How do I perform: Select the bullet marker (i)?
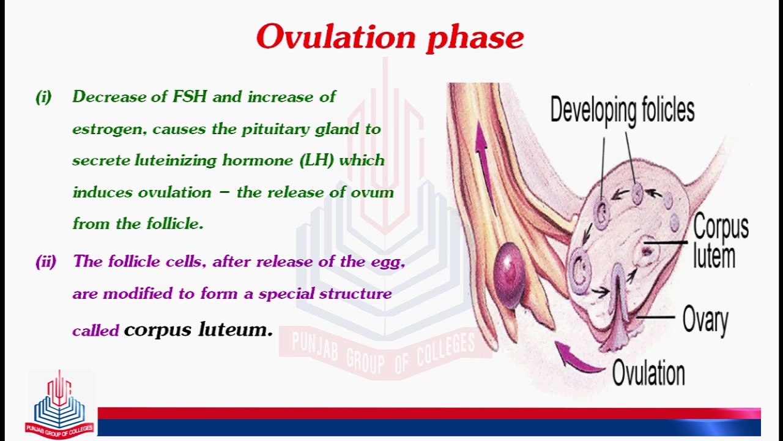pyautogui.click(x=43, y=97)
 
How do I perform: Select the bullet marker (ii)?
pyautogui.click(x=46, y=262)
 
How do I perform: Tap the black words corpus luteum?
pyautogui.click(x=198, y=330)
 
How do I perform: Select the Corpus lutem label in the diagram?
pyautogui.click(x=720, y=242)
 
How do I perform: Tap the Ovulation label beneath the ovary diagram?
pyautogui.click(x=648, y=373)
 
